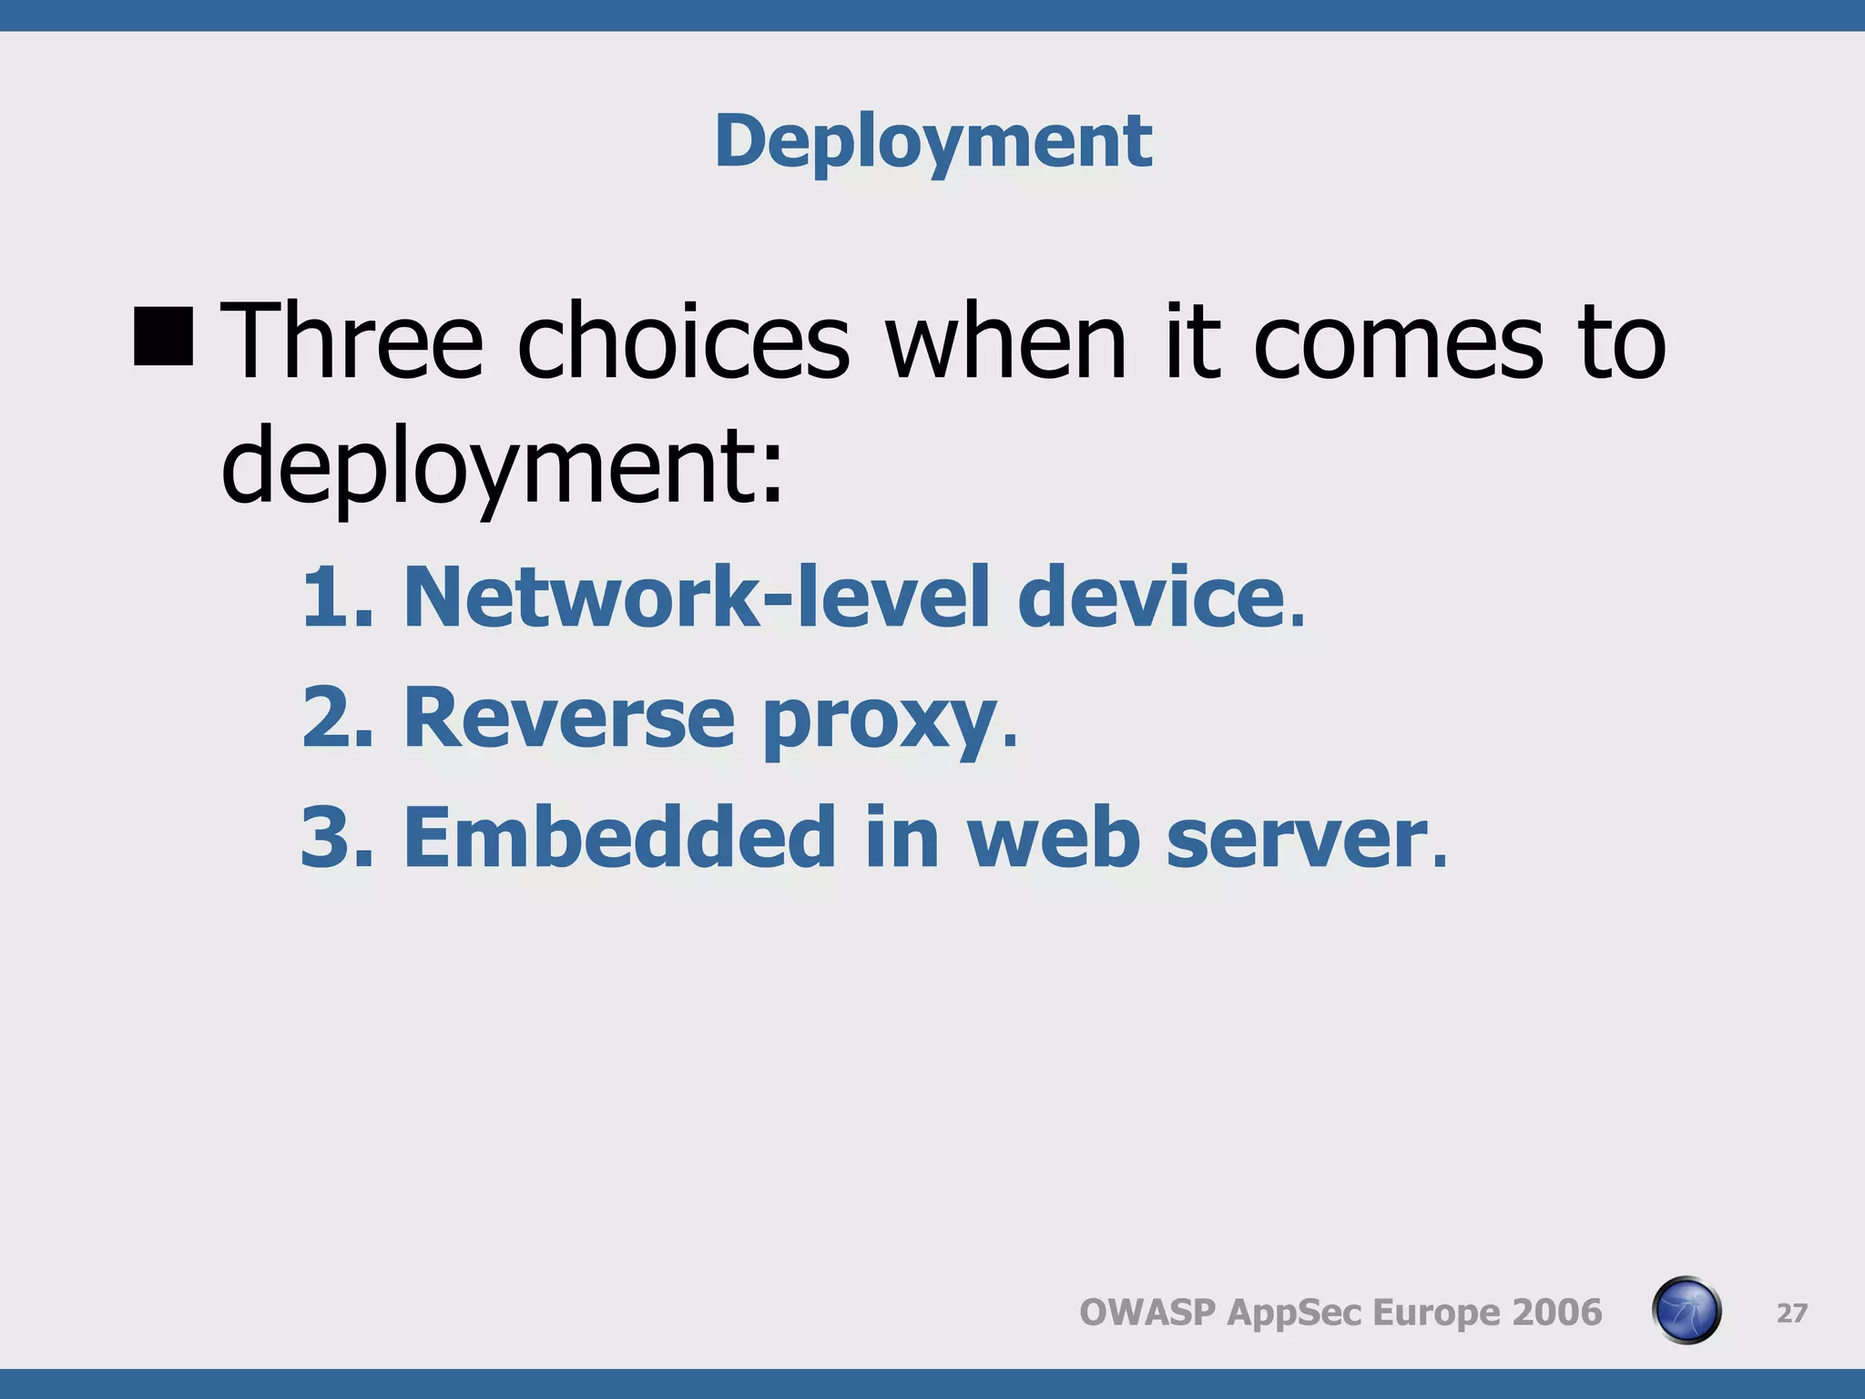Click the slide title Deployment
[933, 141]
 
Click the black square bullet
[164, 336]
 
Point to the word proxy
[879, 724]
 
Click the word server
[1299, 838]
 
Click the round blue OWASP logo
[1686, 1311]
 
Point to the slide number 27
[1791, 1312]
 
